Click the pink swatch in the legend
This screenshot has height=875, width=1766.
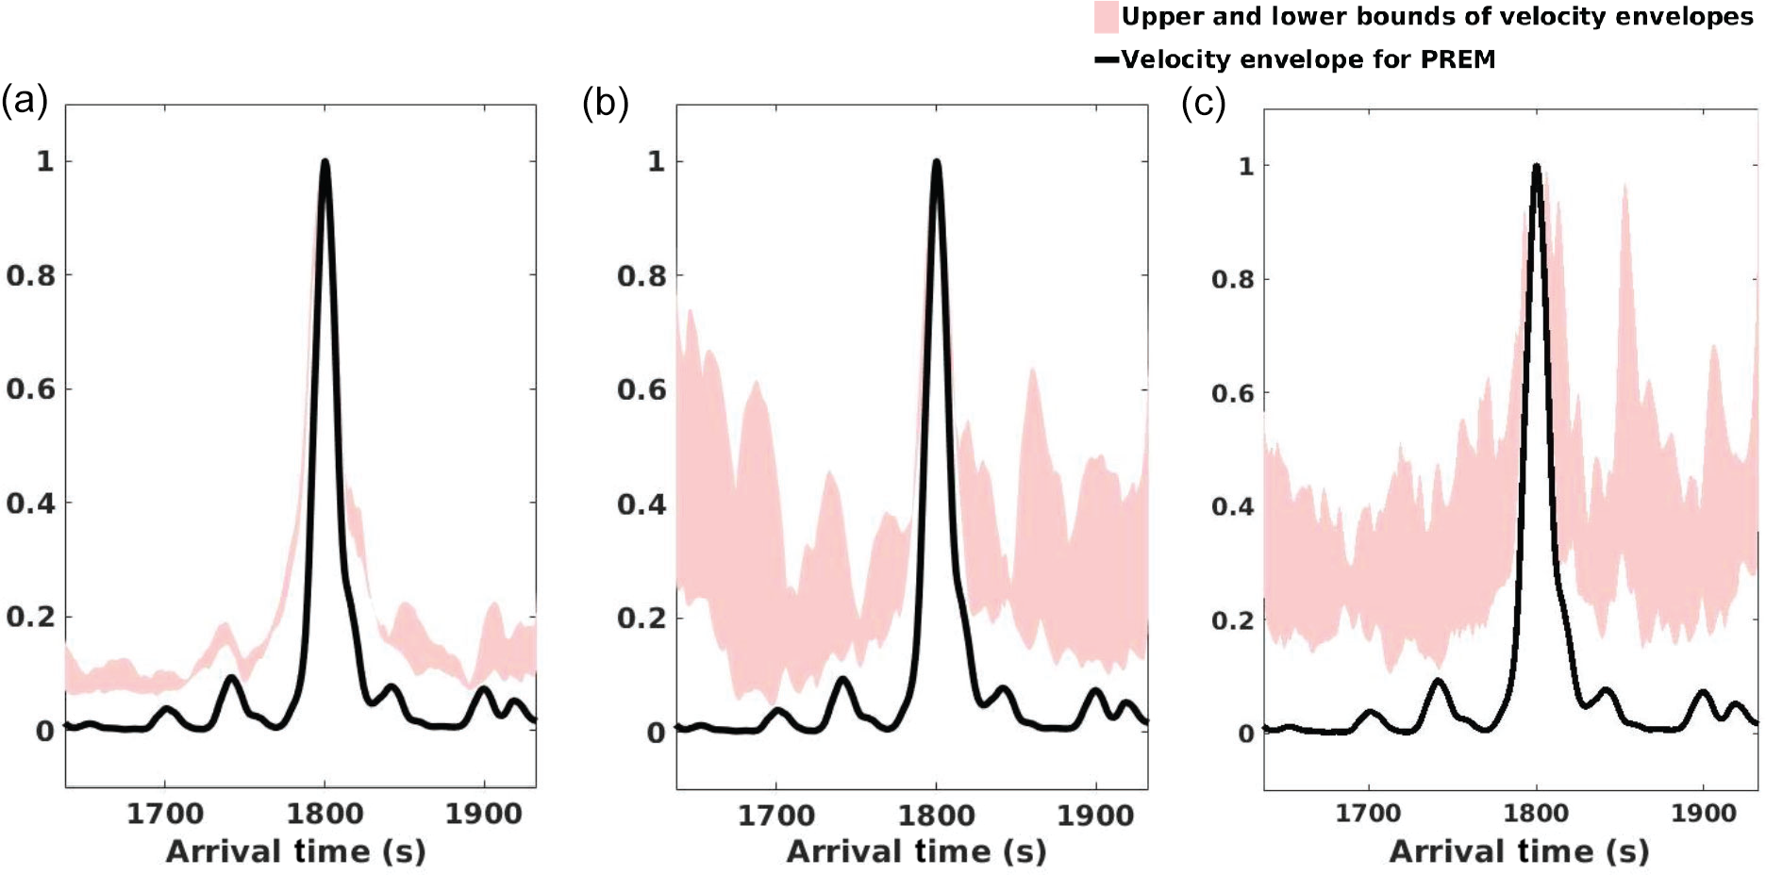tap(1106, 18)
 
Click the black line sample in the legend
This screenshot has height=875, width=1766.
tap(1106, 60)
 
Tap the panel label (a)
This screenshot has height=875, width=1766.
tap(25, 100)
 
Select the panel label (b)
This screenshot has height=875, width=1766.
tap(606, 102)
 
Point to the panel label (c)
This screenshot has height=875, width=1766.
tap(1204, 104)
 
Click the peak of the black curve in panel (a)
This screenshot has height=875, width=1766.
tap(325, 162)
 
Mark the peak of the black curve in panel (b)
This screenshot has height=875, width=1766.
tap(937, 162)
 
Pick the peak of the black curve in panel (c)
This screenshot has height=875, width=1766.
tap(1537, 168)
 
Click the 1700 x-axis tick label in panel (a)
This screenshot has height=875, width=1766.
tap(164, 813)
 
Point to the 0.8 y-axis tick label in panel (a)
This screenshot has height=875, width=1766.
tap(30, 275)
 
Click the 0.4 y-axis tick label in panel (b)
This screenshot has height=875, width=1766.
tap(641, 504)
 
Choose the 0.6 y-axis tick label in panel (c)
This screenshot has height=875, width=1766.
tap(1233, 393)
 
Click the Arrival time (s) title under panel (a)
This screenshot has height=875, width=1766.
tap(296, 852)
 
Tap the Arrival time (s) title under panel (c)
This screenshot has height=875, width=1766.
tap(1519, 852)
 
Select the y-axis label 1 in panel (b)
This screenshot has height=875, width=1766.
tap(656, 161)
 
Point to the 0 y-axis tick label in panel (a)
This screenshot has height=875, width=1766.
tap(44, 732)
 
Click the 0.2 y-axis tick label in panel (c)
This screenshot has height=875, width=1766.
tap(1233, 620)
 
